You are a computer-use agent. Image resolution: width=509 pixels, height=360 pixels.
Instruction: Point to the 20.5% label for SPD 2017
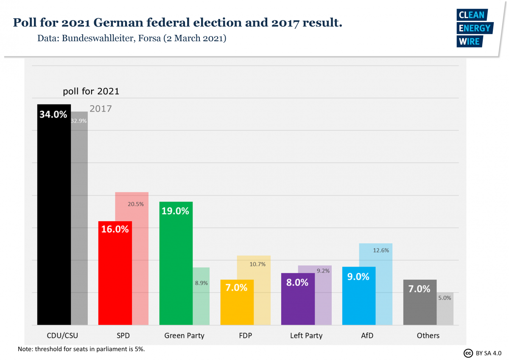click(136, 204)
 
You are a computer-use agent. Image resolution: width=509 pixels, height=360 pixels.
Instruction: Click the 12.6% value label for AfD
click(381, 250)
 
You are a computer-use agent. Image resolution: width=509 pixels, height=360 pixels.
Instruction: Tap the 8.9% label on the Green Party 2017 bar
click(201, 283)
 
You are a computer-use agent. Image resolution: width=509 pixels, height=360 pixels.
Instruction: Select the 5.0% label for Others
click(445, 298)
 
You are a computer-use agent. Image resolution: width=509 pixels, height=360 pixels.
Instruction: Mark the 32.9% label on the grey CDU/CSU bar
click(79, 121)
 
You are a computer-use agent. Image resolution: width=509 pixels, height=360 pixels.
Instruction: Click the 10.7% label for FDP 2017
click(257, 264)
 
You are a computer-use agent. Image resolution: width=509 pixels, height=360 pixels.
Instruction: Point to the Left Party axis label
click(306, 336)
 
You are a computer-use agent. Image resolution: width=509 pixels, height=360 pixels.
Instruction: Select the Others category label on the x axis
click(428, 336)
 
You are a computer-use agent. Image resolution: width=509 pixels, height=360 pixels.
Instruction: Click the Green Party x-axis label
click(184, 336)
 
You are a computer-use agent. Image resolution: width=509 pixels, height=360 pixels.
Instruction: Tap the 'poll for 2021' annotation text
click(91, 91)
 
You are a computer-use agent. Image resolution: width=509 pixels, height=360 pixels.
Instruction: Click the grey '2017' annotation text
click(101, 109)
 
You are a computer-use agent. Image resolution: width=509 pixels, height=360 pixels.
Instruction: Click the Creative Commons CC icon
click(468, 353)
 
